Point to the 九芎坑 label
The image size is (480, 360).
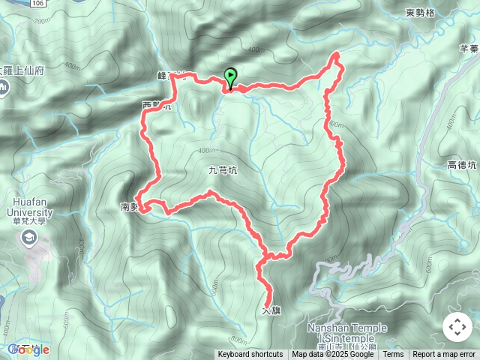point(221,170)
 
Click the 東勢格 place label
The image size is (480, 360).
point(420,13)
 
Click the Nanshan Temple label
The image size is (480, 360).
point(347,328)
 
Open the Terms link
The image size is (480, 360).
point(393,355)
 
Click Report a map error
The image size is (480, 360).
point(445,355)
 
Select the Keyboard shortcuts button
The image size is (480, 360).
point(250,355)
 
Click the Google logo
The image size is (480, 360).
point(28,349)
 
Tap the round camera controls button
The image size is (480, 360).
point(457,327)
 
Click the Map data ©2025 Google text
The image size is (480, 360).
point(333,355)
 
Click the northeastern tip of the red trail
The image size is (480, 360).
point(336,54)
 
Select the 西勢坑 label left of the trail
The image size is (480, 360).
point(156,106)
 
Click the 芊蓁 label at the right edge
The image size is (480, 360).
point(469,49)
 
